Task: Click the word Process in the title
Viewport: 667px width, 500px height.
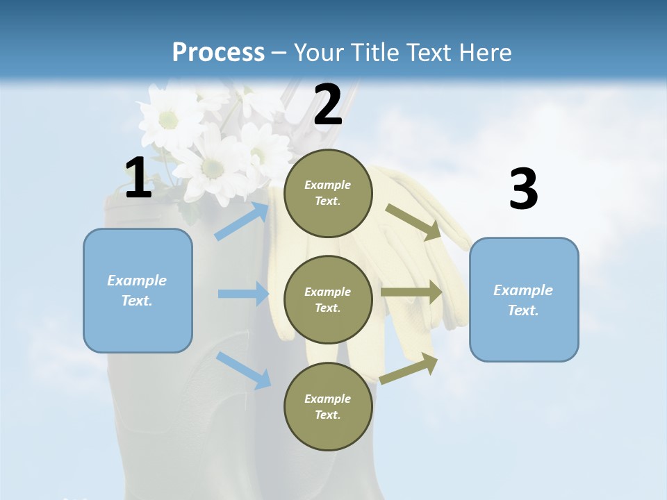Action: point(218,52)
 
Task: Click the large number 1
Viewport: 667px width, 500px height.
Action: point(138,178)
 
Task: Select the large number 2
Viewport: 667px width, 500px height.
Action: point(328,105)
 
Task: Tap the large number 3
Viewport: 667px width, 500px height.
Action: point(523,190)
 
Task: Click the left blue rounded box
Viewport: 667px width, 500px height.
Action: point(138,290)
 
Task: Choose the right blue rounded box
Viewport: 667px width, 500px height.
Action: point(524,299)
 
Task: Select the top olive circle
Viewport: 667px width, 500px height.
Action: point(328,192)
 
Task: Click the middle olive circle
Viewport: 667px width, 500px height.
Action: point(328,299)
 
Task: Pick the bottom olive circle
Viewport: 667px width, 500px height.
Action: point(328,406)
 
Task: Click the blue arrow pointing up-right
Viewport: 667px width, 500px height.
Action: point(242,221)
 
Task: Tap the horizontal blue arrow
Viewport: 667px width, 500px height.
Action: point(243,294)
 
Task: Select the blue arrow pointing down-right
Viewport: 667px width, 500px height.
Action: point(243,369)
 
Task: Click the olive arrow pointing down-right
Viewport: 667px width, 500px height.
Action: point(413,222)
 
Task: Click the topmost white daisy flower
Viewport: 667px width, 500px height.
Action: point(169,117)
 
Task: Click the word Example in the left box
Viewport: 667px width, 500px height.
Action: point(137,281)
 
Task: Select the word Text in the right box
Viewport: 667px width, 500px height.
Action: point(523,310)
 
